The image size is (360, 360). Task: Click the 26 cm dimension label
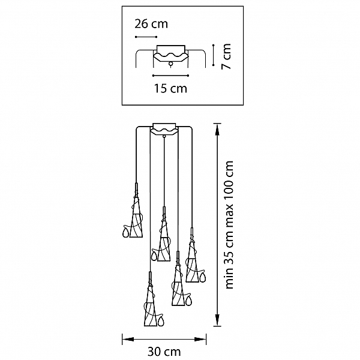click(x=151, y=24)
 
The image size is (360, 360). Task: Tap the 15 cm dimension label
click(x=170, y=88)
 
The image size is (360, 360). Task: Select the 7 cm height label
click(x=226, y=56)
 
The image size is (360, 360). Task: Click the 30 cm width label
click(x=164, y=352)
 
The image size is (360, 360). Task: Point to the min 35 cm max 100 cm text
click(x=229, y=224)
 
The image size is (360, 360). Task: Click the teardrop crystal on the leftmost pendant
click(x=125, y=232)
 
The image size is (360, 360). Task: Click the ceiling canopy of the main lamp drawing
click(x=164, y=129)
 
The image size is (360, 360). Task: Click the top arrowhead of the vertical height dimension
click(x=217, y=130)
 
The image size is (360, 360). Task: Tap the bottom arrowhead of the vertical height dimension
click(x=217, y=319)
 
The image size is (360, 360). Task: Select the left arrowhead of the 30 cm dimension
click(x=128, y=339)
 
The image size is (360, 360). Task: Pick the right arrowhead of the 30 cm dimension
click(x=200, y=339)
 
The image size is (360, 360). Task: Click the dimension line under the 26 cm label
click(x=146, y=37)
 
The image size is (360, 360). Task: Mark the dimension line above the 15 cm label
click(x=170, y=76)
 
